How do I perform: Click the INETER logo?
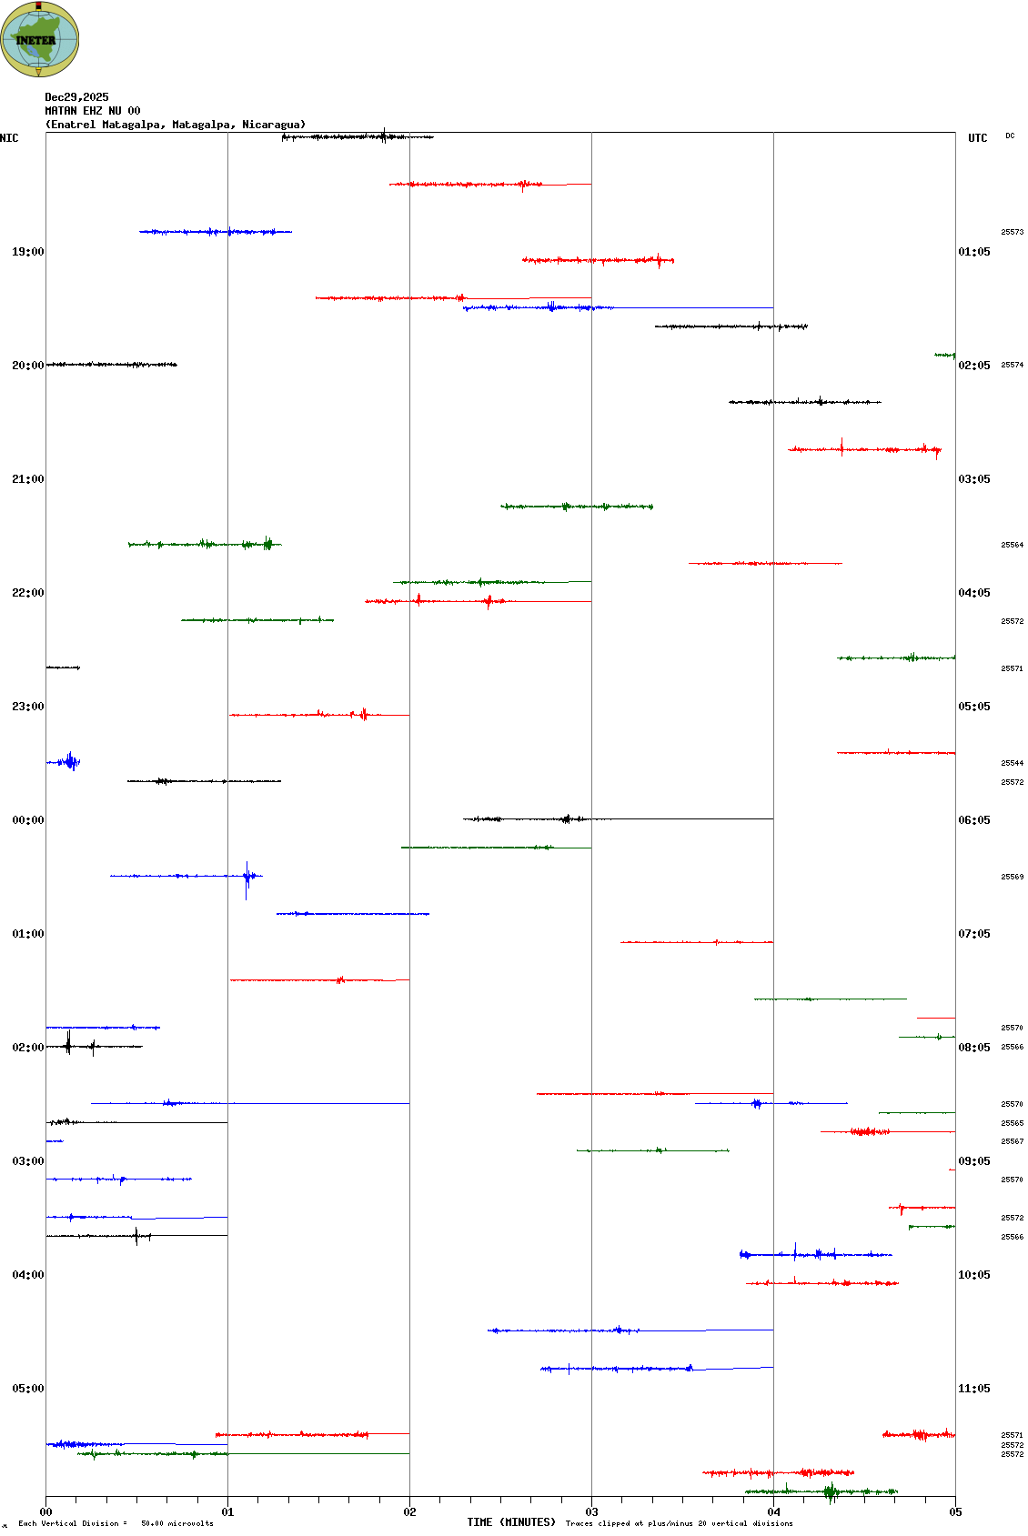[x=39, y=39]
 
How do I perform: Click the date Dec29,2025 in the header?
[x=76, y=97]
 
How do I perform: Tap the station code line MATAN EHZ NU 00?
[x=93, y=111]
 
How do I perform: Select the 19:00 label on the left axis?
[x=27, y=252]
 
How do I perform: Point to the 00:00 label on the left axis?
[x=27, y=820]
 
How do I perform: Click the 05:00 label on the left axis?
[x=27, y=1389]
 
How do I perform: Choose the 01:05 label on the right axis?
[x=974, y=252]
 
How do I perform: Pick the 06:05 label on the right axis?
[x=974, y=820]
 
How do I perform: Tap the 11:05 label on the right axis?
[x=974, y=1389]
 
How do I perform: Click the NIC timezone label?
[x=9, y=138]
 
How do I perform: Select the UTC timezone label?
[x=978, y=138]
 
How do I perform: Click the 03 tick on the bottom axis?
[x=591, y=1512]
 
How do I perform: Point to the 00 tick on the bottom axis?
[x=45, y=1512]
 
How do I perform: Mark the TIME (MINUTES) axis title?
[x=511, y=1522]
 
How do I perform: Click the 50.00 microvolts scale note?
[x=176, y=1523]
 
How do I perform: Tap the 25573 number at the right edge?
[x=1013, y=232]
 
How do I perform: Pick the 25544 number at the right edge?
[x=1013, y=763]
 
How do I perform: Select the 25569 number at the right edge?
[x=1013, y=877]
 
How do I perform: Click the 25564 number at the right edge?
[x=1013, y=545]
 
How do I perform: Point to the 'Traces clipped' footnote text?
[x=679, y=1523]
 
